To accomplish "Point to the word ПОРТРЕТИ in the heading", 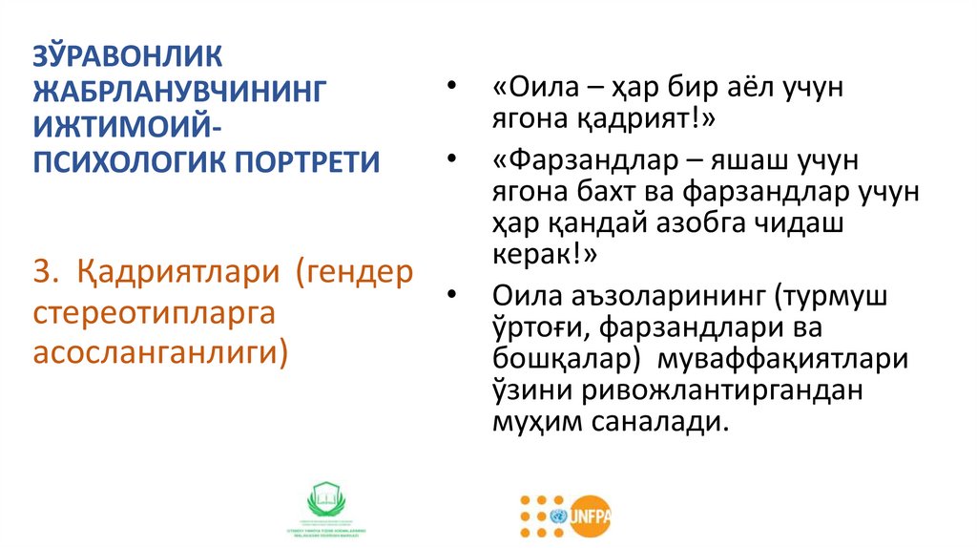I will (304, 161).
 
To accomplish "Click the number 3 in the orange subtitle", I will (42, 272).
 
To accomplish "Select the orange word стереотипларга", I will (154, 311).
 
